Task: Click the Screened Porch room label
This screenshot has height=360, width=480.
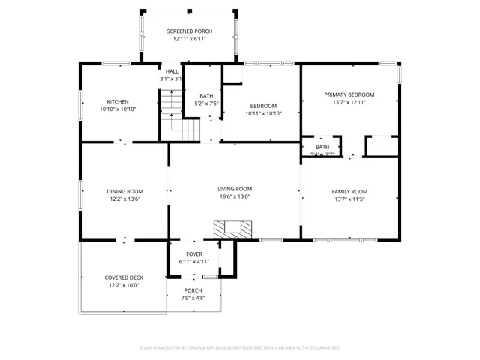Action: click(x=190, y=31)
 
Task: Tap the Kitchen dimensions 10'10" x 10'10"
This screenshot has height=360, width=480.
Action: click(x=118, y=109)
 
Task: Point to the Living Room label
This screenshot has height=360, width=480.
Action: click(x=235, y=189)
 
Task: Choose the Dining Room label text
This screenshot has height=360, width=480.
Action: click(x=124, y=191)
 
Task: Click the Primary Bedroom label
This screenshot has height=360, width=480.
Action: click(x=349, y=94)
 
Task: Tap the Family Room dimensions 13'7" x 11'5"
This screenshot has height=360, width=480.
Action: click(x=349, y=199)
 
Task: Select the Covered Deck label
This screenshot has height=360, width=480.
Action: click(x=124, y=277)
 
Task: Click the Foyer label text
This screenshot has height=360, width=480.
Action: click(x=193, y=254)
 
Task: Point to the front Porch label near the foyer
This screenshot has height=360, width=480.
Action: click(x=193, y=290)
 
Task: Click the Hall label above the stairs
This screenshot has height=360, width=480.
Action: click(x=172, y=71)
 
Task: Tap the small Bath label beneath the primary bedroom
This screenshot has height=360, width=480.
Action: click(x=322, y=147)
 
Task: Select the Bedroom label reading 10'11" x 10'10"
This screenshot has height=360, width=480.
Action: click(x=263, y=113)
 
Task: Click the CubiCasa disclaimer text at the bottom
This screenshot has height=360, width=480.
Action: click(x=239, y=347)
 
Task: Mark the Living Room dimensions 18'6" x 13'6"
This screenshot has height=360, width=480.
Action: click(x=235, y=197)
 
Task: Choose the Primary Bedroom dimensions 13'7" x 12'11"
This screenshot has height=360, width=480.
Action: click(x=349, y=103)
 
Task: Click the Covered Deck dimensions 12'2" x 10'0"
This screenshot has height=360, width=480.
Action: click(x=124, y=286)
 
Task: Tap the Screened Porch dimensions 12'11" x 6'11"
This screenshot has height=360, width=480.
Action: click(x=190, y=38)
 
